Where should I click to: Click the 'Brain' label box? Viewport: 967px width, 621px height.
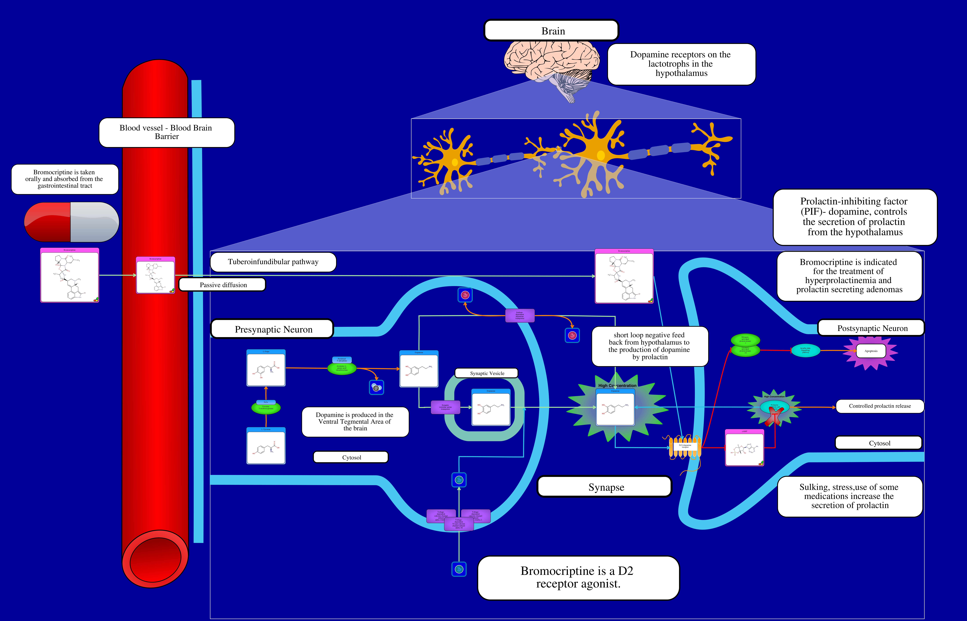point(551,31)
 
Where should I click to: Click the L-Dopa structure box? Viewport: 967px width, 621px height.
point(266,368)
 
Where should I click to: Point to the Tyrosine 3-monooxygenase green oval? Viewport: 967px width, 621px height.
point(266,408)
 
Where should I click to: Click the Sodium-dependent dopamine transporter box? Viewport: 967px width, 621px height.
point(520,315)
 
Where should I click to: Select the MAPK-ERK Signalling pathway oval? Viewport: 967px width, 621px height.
point(805,350)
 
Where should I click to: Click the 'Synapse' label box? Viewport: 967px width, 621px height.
point(605,487)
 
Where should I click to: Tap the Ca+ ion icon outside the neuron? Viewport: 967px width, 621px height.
point(459,569)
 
